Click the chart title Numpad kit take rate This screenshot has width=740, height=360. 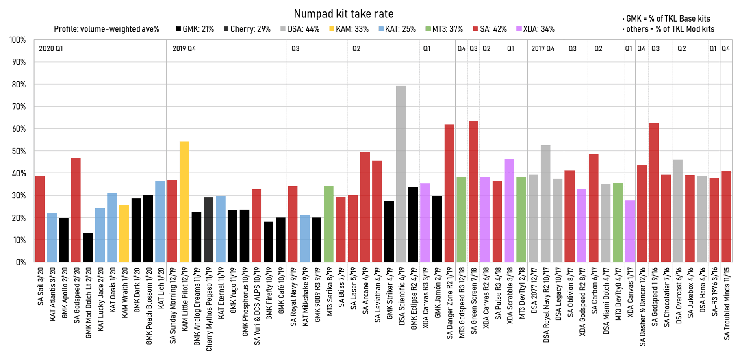click(x=343, y=14)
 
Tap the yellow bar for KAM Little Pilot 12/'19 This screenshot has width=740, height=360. click(x=184, y=202)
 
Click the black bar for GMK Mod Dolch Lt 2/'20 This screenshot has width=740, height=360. click(x=88, y=247)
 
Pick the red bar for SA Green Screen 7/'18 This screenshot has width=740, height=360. click(x=473, y=191)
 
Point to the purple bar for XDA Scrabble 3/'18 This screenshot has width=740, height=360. click(x=509, y=210)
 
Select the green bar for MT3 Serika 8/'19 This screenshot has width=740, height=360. click(x=329, y=224)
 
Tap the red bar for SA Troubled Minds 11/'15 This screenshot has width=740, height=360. click(x=726, y=217)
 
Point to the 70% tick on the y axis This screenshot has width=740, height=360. click(x=17, y=107)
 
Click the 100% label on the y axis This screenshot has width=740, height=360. click(x=17, y=40)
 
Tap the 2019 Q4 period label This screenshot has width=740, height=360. click(x=184, y=49)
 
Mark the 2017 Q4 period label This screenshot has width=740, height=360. click(x=543, y=49)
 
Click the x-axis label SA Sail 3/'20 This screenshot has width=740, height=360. click(x=40, y=286)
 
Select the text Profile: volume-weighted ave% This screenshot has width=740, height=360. click(x=106, y=29)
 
